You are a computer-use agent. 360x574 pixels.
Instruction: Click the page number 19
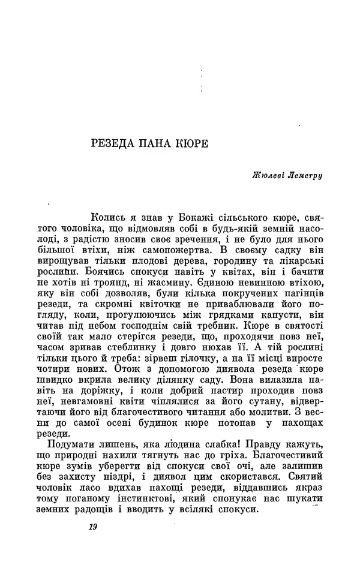click(92, 528)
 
